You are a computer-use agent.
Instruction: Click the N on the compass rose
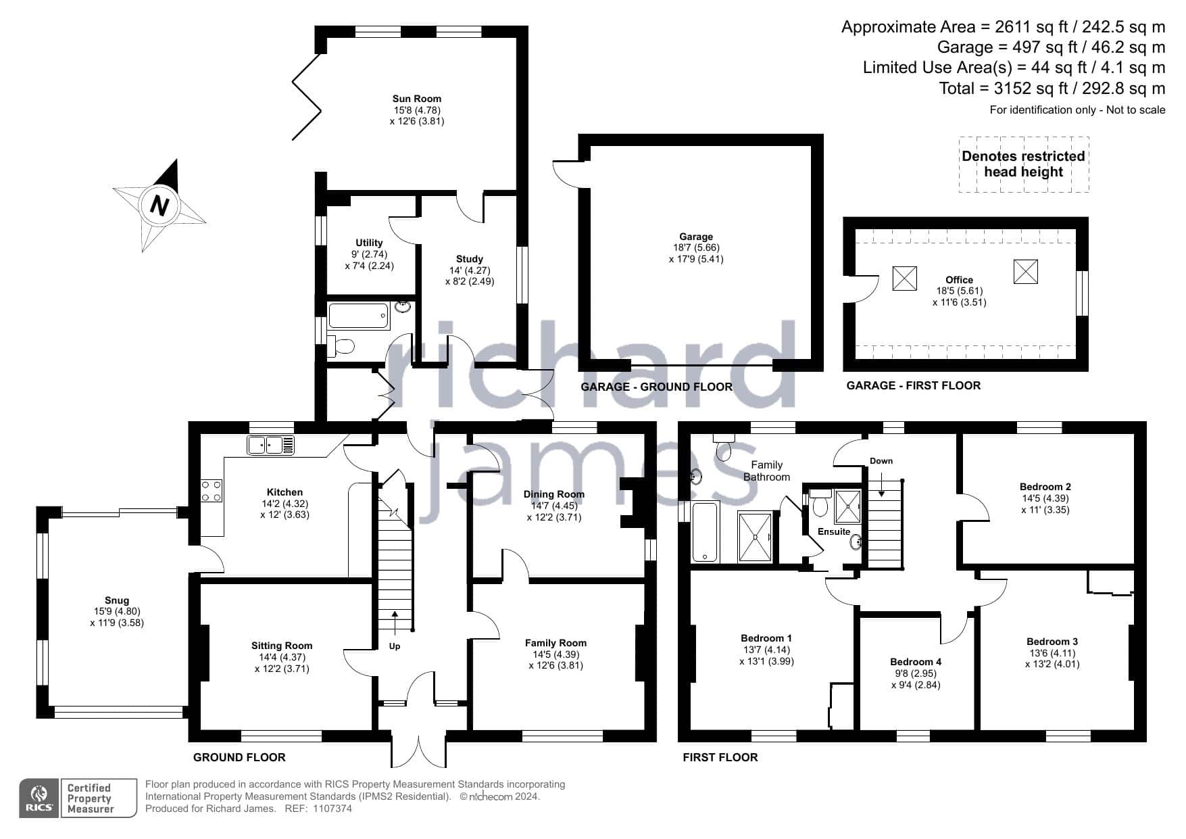159,205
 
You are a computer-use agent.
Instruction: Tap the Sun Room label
417,99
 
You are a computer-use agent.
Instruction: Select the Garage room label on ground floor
696,237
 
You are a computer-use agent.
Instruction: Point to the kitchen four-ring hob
212,491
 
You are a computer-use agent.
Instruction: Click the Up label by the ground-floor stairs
395,646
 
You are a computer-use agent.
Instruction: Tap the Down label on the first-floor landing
881,461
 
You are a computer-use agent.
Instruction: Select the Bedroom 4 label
916,662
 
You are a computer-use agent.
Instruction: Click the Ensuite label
834,531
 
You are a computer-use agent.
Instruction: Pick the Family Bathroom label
767,471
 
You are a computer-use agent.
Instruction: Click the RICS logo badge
40,798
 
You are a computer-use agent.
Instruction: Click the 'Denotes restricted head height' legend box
1024,164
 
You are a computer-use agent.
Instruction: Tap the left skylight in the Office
905,279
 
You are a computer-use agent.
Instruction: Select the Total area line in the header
1052,89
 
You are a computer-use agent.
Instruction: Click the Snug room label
117,600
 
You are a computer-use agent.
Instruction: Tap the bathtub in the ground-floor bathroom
359,316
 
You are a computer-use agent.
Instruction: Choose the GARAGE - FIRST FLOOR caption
914,385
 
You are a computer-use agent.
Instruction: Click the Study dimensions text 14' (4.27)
470,270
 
